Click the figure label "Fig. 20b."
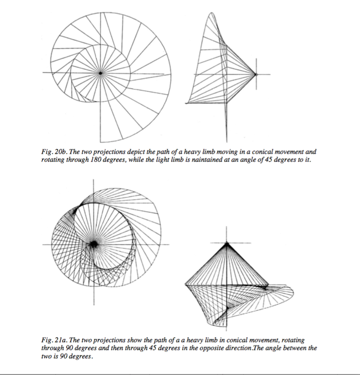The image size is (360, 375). point(53,152)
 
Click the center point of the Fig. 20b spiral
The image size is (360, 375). point(101,74)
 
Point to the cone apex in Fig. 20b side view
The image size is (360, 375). point(256,74)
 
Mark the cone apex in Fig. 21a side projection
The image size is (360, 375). point(227,243)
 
